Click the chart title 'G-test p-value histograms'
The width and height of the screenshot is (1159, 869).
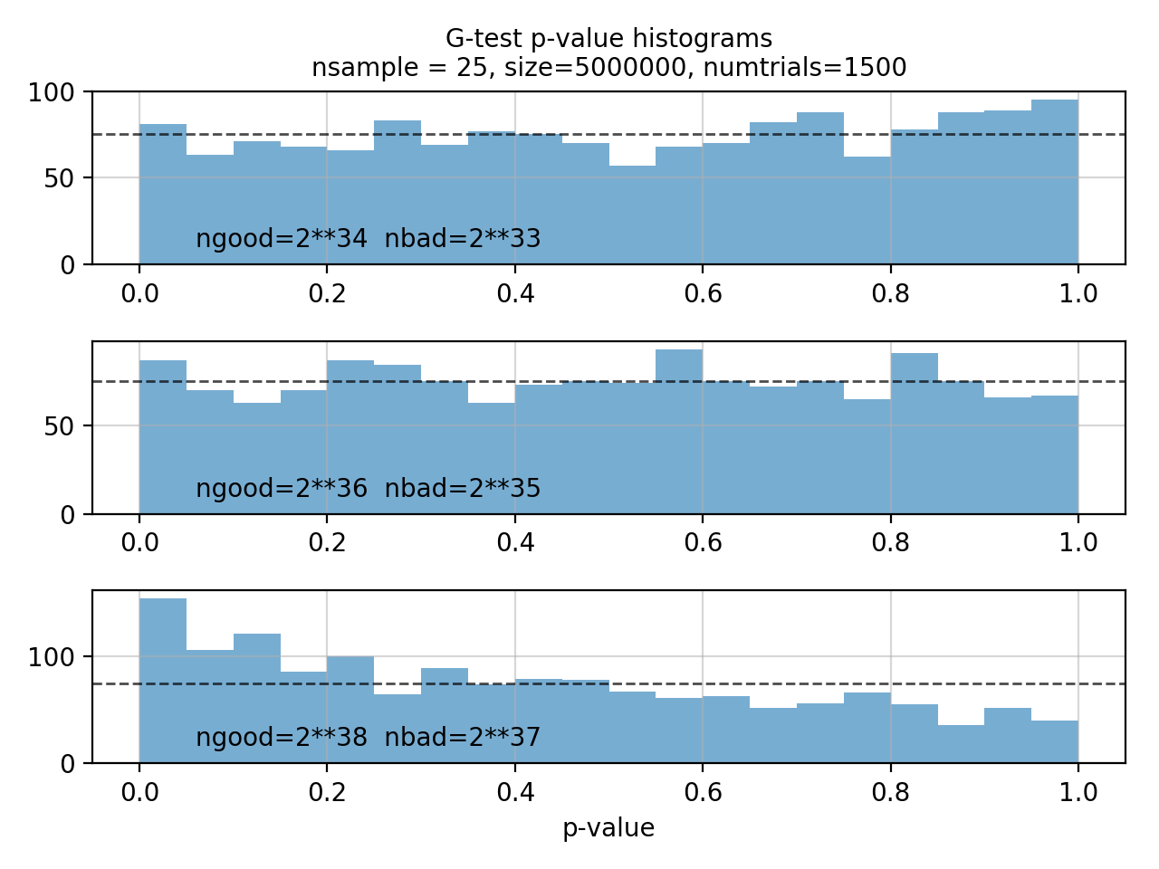tap(608, 39)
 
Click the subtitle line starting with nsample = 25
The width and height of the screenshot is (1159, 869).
tap(608, 68)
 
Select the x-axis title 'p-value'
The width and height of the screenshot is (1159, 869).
tap(608, 827)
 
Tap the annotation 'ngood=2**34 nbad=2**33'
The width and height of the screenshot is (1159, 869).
tap(369, 239)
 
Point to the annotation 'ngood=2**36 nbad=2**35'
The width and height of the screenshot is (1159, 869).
tap(369, 489)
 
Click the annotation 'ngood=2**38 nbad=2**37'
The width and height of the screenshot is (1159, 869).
tap(369, 738)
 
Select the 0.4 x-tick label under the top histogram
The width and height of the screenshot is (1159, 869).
tap(514, 293)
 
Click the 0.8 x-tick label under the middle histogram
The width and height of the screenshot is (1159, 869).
tap(890, 543)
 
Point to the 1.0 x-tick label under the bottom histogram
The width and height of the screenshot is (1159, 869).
tap(1078, 793)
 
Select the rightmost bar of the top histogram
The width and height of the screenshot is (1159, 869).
tap(1055, 181)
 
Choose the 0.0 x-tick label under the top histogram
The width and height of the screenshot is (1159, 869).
tap(139, 293)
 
